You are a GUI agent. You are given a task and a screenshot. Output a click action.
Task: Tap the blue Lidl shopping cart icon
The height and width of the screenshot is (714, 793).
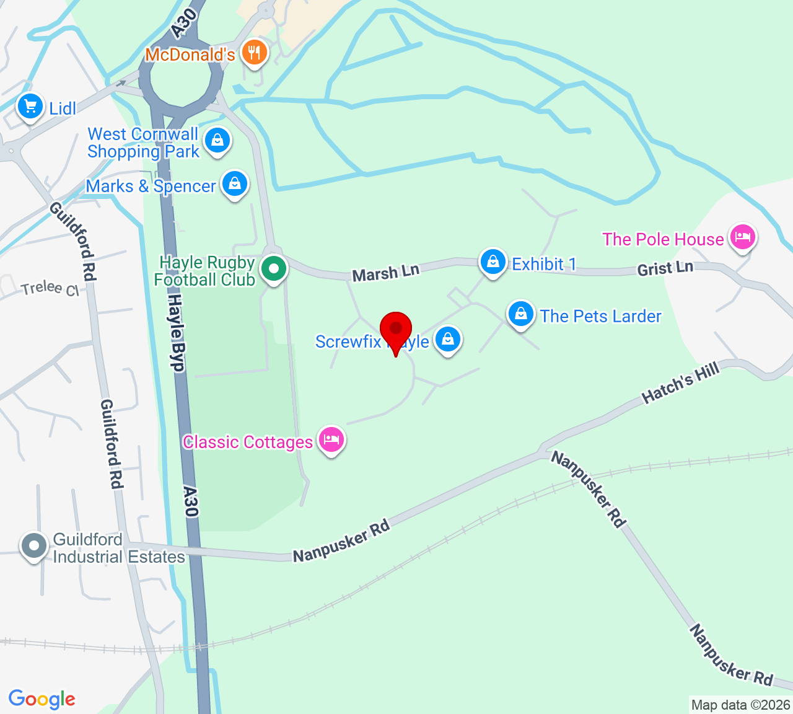click(30, 107)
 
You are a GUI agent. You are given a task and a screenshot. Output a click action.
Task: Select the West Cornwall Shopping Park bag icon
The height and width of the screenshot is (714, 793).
click(217, 141)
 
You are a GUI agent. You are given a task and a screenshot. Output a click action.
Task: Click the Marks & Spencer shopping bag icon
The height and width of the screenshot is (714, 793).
click(235, 183)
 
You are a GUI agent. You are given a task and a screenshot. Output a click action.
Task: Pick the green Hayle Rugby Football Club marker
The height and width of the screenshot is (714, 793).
click(273, 269)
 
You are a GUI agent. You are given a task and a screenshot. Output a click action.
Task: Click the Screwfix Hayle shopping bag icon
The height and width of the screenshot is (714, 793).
click(447, 339)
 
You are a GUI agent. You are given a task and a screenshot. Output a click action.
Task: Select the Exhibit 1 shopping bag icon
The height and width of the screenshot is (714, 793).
click(493, 262)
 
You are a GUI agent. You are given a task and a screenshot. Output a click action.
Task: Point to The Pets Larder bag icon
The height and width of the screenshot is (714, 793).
click(521, 314)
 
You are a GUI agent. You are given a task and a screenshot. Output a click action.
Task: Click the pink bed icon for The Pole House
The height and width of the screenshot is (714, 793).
click(742, 236)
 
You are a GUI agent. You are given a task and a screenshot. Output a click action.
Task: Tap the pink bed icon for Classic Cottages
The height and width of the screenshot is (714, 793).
click(331, 439)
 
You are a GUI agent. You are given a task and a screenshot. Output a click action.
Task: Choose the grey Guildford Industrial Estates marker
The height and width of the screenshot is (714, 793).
click(33, 546)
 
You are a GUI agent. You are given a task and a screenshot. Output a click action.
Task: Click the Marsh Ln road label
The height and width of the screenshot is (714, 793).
click(386, 272)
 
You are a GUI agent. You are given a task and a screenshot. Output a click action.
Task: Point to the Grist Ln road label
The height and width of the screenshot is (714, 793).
click(665, 268)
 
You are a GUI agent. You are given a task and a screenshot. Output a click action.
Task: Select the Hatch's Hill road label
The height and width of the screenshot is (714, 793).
click(681, 383)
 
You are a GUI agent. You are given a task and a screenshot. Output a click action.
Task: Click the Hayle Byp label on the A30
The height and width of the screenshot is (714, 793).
click(176, 333)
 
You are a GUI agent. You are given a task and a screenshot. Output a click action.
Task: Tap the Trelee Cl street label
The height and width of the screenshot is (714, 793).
click(50, 289)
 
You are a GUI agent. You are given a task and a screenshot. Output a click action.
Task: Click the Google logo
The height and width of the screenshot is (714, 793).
click(42, 699)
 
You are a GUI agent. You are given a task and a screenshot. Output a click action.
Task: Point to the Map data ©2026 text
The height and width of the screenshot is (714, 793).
click(740, 705)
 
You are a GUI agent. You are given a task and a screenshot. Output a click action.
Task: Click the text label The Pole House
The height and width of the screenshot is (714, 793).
click(663, 239)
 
